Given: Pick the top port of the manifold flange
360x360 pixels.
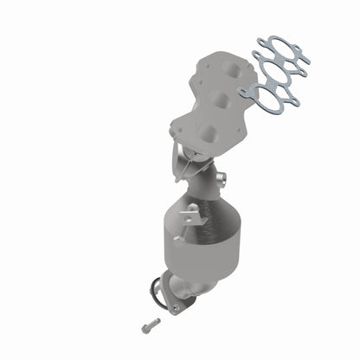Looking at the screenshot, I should click(229, 67).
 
